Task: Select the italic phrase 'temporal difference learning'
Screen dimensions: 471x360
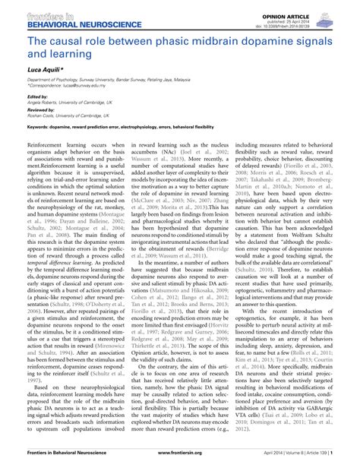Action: pyautogui.click(x=68, y=258)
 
